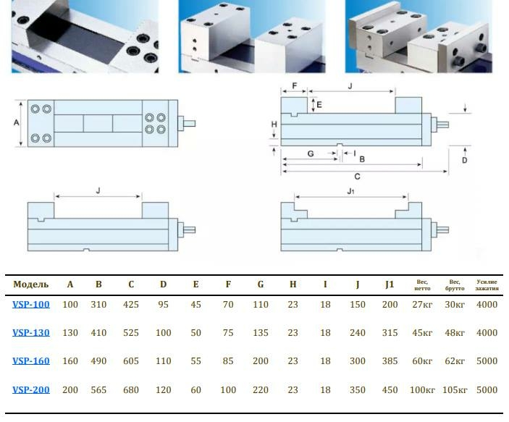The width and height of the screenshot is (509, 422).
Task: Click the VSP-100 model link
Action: [x=31, y=305]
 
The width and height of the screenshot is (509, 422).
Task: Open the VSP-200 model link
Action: [x=31, y=390]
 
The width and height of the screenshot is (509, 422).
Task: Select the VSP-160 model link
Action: [x=31, y=361]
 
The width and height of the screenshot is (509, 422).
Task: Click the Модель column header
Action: [x=31, y=284]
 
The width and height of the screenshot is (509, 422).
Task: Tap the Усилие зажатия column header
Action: [x=487, y=284]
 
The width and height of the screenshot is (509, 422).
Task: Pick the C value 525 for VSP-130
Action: [x=131, y=333]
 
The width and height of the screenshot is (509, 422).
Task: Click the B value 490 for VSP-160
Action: [x=98, y=361]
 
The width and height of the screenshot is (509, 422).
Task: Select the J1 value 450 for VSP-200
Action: [x=390, y=390]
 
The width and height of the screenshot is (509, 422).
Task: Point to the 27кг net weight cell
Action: [x=422, y=305]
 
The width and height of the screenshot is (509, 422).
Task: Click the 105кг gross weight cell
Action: [x=455, y=390]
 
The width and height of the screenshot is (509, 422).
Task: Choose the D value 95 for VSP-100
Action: [x=163, y=305]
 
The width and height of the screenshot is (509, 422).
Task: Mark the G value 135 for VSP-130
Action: [x=261, y=333]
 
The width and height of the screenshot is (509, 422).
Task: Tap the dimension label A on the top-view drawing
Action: [x=16, y=123]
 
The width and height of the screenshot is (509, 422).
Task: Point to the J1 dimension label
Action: [x=350, y=191]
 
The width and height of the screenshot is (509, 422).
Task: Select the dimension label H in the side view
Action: [x=274, y=125]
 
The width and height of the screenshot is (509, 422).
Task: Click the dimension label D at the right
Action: [x=464, y=160]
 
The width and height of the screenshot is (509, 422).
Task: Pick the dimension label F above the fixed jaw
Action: [x=294, y=85]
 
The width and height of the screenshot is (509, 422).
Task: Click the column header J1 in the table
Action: [x=390, y=284]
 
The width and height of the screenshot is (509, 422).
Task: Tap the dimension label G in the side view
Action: [x=310, y=153]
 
